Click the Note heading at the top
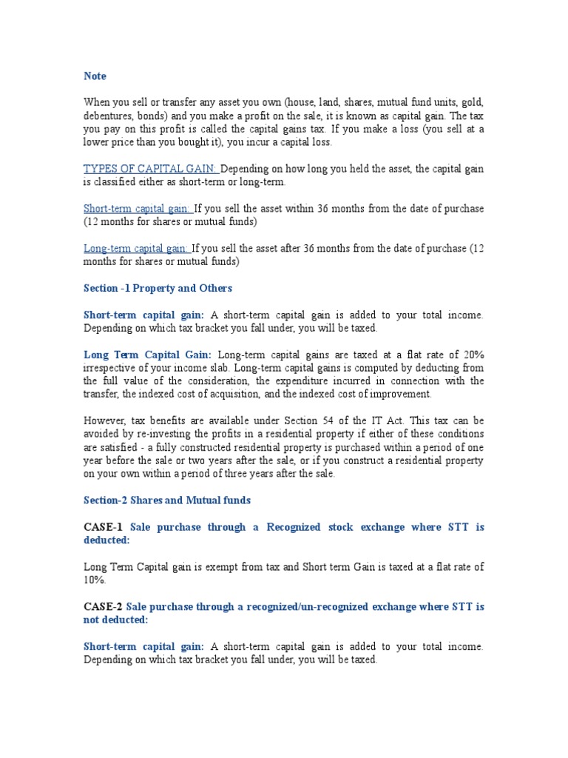click(x=95, y=76)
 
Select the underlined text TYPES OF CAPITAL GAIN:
click(x=151, y=170)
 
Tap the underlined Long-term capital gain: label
click(x=137, y=249)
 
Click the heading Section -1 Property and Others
click(x=158, y=288)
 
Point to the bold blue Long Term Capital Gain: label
click(x=147, y=355)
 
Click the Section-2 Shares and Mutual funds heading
click(x=167, y=500)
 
